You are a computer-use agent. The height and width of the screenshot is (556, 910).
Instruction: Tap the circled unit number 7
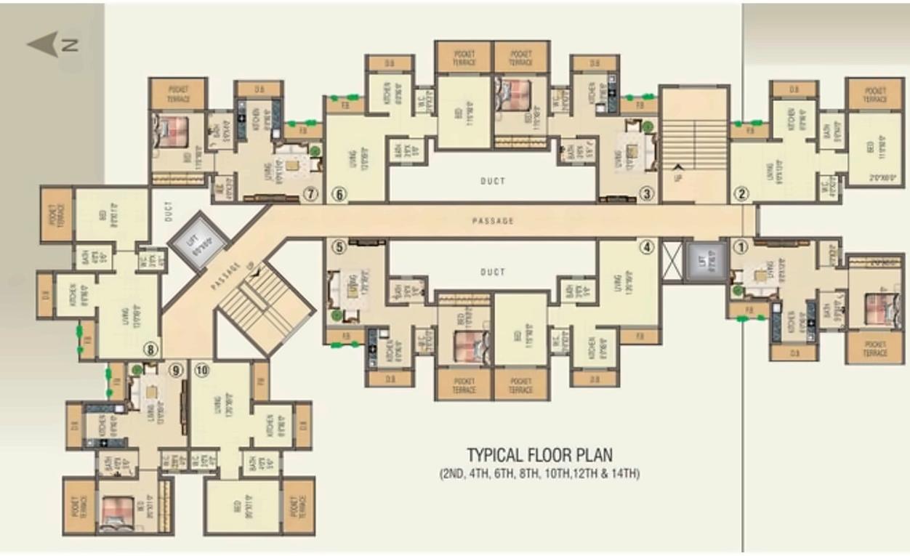(x=312, y=194)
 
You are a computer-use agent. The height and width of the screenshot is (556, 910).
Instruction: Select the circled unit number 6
(x=338, y=194)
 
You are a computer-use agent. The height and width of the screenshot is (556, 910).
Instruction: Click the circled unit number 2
(x=741, y=194)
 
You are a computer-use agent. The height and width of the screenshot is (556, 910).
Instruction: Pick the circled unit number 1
(x=741, y=246)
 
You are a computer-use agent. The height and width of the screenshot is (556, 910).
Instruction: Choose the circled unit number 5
(x=338, y=246)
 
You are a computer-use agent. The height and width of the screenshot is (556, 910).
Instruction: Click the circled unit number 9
(x=174, y=370)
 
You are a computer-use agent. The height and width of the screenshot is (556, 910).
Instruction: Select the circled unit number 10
(x=202, y=370)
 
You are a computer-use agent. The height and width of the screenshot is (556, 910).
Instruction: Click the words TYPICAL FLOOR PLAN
(x=539, y=456)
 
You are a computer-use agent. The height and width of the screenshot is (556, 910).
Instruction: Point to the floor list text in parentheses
(x=539, y=475)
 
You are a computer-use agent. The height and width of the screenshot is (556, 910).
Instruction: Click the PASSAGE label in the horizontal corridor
(x=493, y=221)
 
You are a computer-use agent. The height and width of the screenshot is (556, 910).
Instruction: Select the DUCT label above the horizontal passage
(x=493, y=181)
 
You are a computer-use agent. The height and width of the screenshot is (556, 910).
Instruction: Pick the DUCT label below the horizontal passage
(x=493, y=273)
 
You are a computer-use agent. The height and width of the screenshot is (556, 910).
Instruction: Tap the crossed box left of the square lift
(x=672, y=261)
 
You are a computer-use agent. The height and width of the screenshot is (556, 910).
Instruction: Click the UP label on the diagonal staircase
(x=252, y=270)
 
